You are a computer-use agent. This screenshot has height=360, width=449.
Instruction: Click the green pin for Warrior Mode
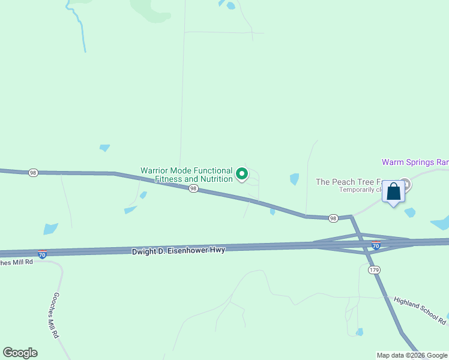pos(242,174)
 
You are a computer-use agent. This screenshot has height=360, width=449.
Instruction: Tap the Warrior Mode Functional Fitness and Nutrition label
pos(186,175)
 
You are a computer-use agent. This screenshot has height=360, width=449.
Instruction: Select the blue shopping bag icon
pos(394,192)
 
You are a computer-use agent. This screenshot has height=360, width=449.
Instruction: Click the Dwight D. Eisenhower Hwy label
pos(178,250)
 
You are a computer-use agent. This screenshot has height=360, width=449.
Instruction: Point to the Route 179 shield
pos(374,270)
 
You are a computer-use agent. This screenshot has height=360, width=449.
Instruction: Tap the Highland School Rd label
pos(420,310)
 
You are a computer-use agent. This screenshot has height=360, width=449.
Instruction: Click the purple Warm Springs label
pos(415,162)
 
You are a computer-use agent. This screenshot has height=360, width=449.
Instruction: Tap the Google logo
pos(20,353)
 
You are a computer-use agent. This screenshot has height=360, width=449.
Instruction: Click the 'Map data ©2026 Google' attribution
pos(412,355)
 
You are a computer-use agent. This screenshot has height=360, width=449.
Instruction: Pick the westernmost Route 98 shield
pos(33,173)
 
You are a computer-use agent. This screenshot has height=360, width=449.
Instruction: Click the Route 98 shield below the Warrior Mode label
pos(193,188)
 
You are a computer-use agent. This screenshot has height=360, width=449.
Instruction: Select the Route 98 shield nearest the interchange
pos(333,218)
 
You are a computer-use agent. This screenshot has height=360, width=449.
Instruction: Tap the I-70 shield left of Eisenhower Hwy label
pos(42,254)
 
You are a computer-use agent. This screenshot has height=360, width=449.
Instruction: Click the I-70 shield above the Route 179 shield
pos(376,245)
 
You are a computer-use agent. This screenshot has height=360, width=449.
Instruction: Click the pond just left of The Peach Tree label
pos(294,179)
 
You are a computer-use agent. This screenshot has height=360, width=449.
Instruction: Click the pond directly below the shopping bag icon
pos(410,212)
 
